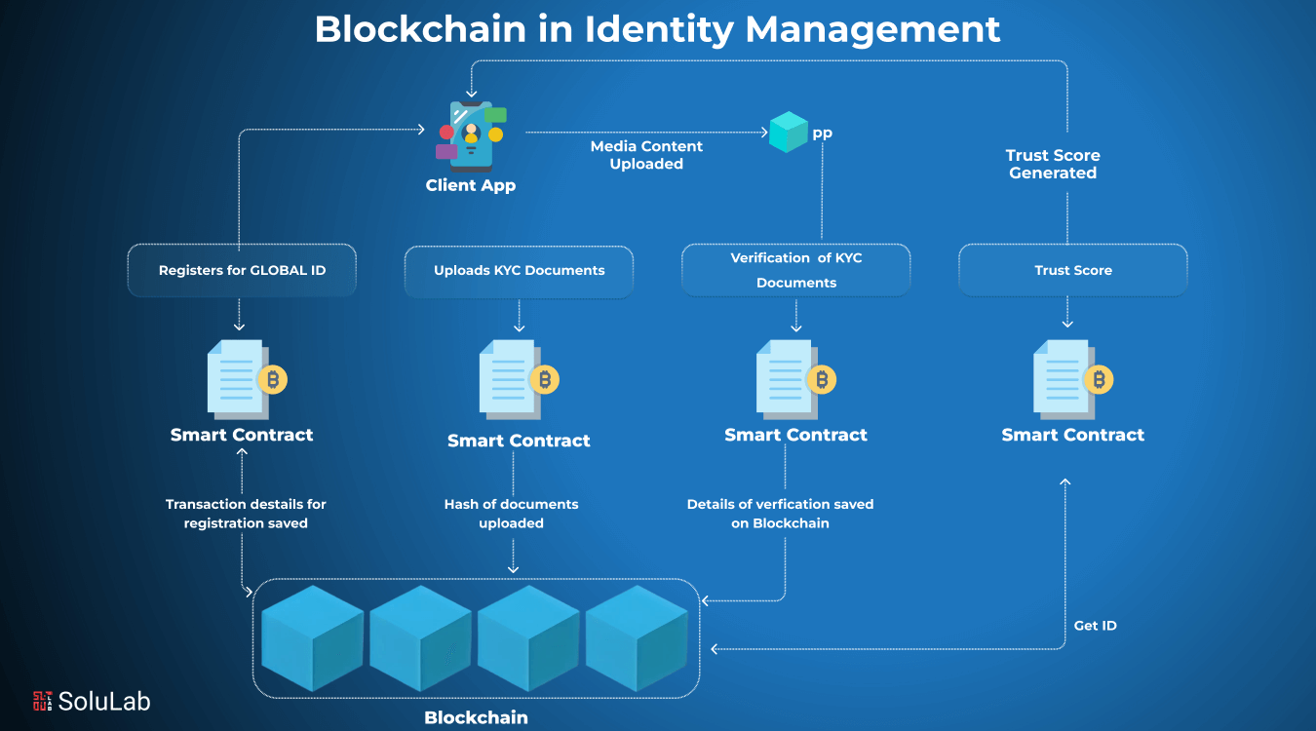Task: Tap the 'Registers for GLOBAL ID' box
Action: [242, 270]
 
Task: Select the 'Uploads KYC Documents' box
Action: [519, 270]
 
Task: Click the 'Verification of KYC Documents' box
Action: [795, 270]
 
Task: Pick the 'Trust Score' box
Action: [1072, 270]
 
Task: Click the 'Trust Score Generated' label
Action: [1053, 164]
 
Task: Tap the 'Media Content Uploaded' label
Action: [646, 155]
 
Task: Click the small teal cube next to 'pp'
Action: [788, 133]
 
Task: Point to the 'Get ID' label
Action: [1095, 626]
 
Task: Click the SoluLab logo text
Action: [103, 700]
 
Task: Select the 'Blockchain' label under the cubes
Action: [476, 717]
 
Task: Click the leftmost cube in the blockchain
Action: [312, 638]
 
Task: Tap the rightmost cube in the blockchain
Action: [637, 638]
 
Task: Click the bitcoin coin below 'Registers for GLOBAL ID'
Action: [272, 380]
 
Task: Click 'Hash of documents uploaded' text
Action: [511, 514]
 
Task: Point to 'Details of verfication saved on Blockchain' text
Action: [780, 514]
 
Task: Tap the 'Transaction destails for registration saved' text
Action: [246, 514]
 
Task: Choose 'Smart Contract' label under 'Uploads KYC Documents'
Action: [519, 441]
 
